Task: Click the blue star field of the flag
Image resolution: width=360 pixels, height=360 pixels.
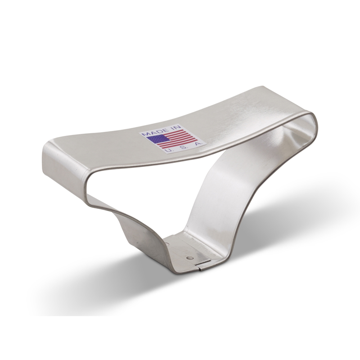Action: tap(157, 139)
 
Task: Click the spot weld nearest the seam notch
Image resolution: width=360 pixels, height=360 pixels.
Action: tap(189, 258)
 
